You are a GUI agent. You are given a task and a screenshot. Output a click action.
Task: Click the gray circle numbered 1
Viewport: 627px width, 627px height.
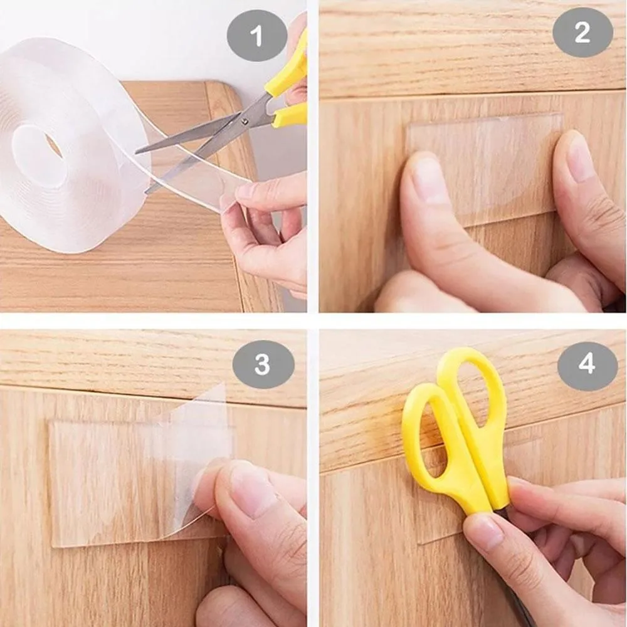[x=256, y=36]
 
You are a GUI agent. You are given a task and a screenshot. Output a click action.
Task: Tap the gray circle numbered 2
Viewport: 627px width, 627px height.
[x=582, y=33]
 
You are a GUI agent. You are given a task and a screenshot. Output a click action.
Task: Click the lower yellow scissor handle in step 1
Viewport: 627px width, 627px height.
[x=289, y=115]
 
